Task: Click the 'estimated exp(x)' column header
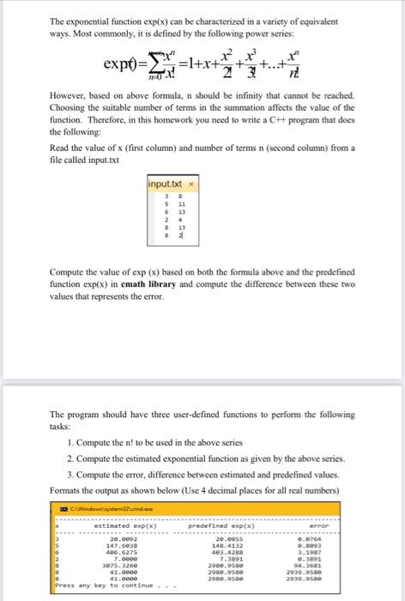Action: click(106, 525)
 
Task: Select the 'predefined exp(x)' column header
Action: click(228, 525)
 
